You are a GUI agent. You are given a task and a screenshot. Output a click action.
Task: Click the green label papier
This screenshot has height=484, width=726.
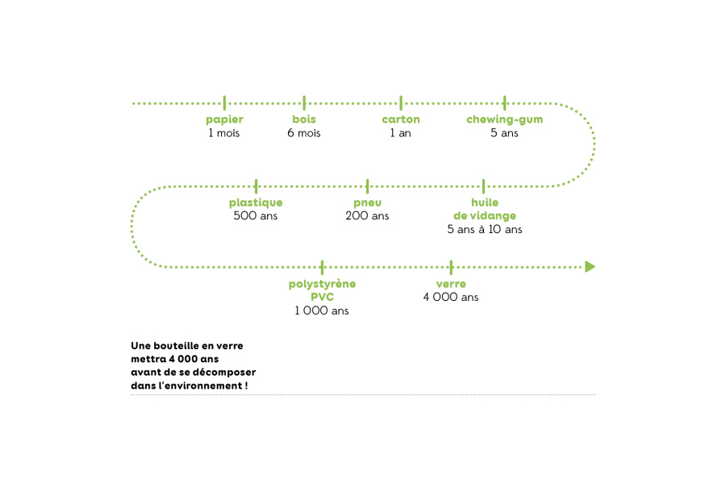click(x=224, y=120)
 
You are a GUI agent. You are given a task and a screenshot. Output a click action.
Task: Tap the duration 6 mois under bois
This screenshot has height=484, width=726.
click(x=304, y=133)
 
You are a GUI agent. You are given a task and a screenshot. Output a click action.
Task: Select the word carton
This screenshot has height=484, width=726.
click(x=401, y=119)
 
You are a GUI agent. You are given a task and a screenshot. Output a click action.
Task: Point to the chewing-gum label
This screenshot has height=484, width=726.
click(x=505, y=120)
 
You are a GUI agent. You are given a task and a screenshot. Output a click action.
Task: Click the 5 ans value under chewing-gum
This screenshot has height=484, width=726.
click(x=504, y=133)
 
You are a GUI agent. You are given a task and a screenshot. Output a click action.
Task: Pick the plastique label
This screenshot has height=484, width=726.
click(x=256, y=202)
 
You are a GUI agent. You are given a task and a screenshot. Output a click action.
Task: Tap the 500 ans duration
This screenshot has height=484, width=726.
click(x=256, y=215)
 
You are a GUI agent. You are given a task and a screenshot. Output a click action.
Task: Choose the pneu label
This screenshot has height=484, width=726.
click(x=368, y=203)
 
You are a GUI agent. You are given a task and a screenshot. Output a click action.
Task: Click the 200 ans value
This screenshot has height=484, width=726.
click(x=367, y=215)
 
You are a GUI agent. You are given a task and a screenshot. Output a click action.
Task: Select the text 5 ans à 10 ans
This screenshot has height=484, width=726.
click(x=485, y=229)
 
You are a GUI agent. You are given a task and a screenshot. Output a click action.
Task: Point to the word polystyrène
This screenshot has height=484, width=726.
click(x=322, y=285)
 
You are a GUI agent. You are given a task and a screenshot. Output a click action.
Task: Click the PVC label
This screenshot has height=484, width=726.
click(x=322, y=297)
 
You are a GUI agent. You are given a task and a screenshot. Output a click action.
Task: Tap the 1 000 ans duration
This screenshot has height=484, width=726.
click(x=322, y=311)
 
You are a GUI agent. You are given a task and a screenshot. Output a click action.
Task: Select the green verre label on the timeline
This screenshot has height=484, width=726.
click(x=451, y=285)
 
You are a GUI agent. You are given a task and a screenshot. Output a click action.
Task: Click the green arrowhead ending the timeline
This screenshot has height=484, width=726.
click(x=590, y=267)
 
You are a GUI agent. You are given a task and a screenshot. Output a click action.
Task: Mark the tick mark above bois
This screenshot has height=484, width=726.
click(x=304, y=102)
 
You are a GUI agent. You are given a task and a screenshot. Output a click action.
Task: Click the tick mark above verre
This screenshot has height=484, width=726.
click(x=452, y=267)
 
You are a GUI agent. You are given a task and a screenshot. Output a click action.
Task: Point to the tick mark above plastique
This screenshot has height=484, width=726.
click(x=256, y=186)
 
